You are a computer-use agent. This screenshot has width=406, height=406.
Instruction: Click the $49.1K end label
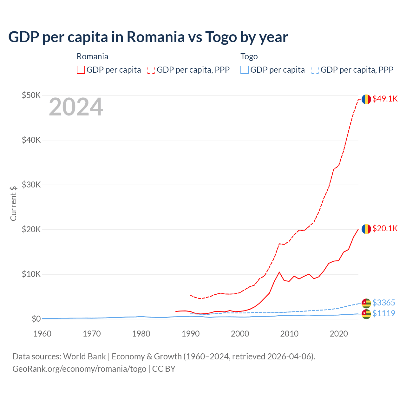[385, 99]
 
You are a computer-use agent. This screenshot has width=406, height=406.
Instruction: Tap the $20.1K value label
[385, 228]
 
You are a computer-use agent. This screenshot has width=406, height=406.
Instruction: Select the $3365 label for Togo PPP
[383, 303]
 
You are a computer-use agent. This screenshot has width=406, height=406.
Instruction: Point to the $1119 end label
[383, 313]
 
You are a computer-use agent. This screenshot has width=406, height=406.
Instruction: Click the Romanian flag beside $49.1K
[366, 99]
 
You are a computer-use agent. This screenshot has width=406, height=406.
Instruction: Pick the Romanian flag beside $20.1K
[366, 229]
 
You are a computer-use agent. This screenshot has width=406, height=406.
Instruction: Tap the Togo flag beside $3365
[366, 303]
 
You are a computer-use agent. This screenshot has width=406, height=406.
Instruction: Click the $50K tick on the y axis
[31, 95]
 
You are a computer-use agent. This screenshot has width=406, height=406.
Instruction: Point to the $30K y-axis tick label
[31, 185]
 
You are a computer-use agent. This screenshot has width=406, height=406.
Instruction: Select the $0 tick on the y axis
[36, 319]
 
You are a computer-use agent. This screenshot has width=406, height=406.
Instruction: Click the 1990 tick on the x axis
[191, 334]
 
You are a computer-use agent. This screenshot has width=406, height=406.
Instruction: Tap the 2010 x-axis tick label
[289, 334]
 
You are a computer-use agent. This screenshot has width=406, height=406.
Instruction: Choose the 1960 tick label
[43, 334]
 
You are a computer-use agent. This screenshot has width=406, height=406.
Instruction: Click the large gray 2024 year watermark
[76, 107]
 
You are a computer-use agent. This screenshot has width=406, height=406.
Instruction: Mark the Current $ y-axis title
[13, 203]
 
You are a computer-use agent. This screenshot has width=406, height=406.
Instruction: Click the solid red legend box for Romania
[81, 70]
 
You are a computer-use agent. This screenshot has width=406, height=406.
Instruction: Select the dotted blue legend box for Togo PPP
[315, 70]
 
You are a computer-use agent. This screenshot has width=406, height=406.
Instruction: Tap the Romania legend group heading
[92, 56]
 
